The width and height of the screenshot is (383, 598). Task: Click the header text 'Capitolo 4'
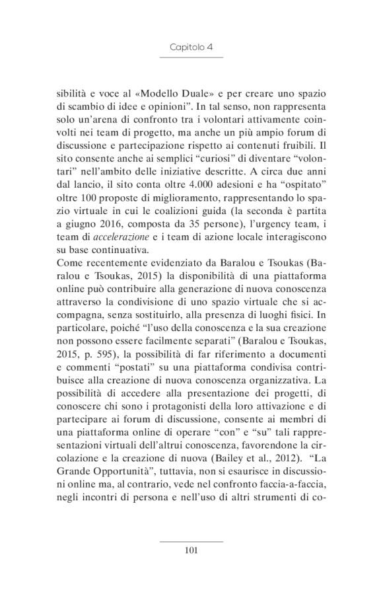click(x=191, y=48)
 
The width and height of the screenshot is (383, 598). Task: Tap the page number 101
click(x=191, y=550)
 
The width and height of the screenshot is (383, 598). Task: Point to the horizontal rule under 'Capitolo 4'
click(x=191, y=58)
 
